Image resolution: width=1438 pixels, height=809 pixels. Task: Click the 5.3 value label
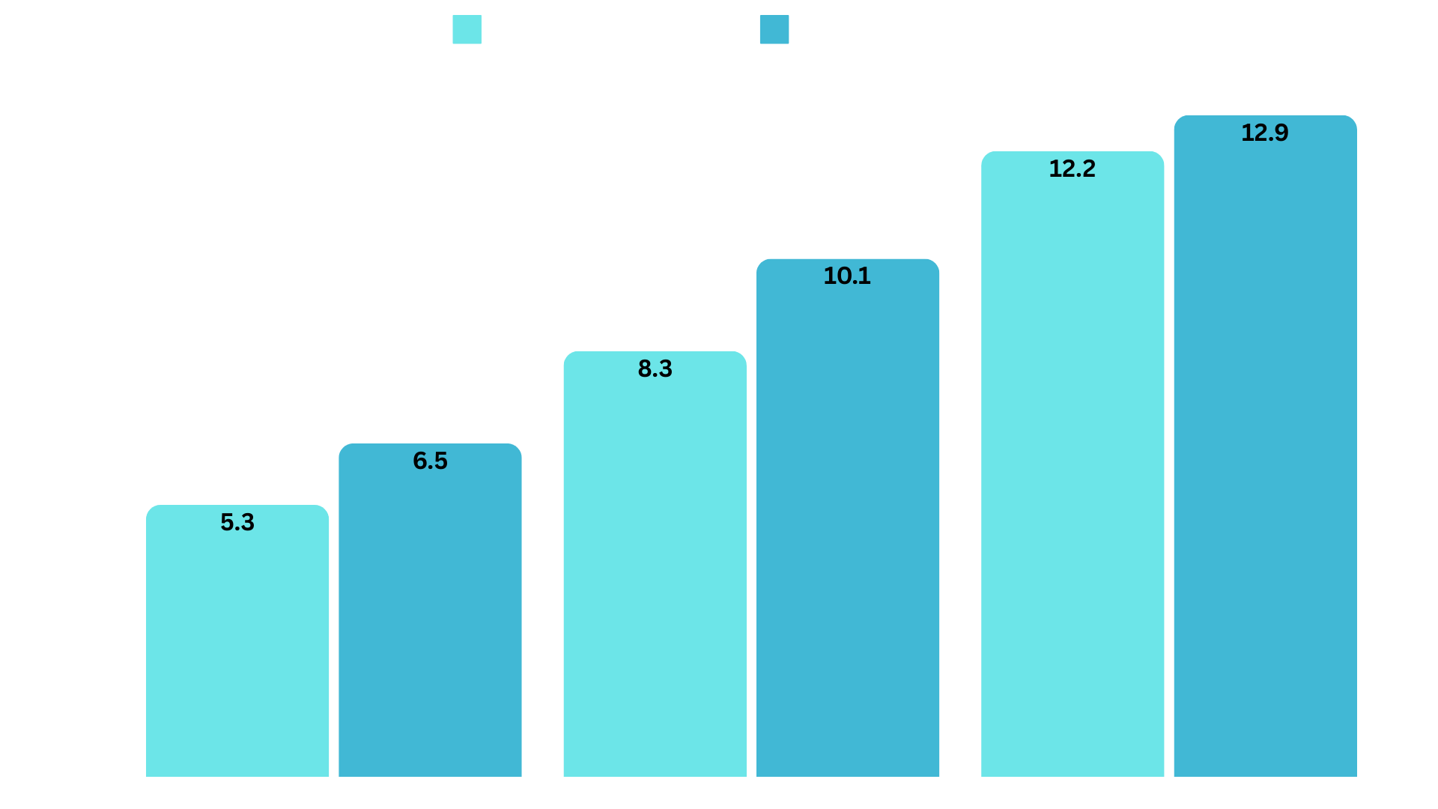[x=237, y=522]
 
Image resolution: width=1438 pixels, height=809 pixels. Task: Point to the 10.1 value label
[x=847, y=276]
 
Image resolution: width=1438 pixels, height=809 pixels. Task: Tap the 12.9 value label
[x=1265, y=133]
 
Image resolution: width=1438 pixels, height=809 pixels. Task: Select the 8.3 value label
[x=655, y=369]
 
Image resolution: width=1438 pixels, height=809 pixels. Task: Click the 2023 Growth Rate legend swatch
[x=467, y=29]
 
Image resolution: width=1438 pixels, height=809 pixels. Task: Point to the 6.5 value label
[x=430, y=461]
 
